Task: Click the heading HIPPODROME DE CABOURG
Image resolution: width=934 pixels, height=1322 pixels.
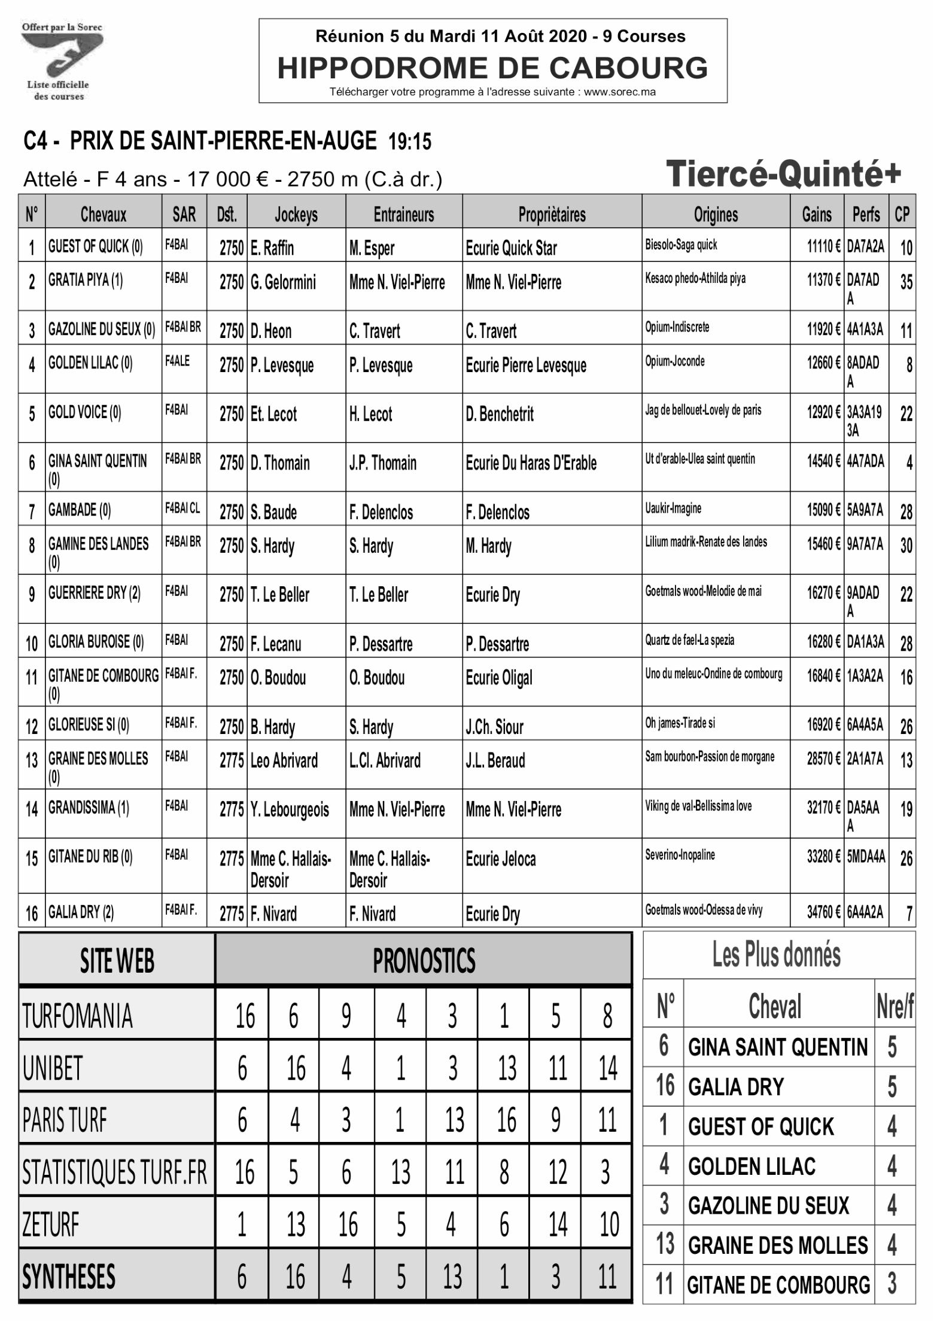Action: point(492,68)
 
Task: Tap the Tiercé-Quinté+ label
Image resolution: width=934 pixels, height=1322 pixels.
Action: point(783,173)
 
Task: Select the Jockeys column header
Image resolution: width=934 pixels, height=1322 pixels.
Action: point(296,214)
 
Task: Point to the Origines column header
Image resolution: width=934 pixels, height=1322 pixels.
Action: point(716,214)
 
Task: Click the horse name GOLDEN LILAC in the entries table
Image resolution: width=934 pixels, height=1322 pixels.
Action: point(90,363)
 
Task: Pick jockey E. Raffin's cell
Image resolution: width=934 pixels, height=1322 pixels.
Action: point(272,248)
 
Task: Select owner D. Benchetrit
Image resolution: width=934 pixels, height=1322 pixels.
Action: point(500,414)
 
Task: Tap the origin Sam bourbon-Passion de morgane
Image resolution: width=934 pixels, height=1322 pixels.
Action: point(710,756)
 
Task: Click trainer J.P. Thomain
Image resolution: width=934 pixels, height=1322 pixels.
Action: point(383,463)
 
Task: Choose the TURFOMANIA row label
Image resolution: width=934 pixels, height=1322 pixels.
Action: point(77,1016)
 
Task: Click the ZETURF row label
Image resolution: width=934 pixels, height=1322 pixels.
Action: point(51,1224)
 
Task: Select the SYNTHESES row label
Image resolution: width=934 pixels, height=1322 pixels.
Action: point(69,1277)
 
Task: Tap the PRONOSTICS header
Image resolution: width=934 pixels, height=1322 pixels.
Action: point(424,961)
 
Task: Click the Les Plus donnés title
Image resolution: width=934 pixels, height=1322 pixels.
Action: point(776,955)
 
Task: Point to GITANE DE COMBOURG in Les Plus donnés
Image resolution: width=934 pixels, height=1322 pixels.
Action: point(778,1285)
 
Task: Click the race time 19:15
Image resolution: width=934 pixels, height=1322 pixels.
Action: point(410,142)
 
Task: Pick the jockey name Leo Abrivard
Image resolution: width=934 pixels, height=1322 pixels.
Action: point(284,761)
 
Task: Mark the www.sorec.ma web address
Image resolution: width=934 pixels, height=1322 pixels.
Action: point(620,92)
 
